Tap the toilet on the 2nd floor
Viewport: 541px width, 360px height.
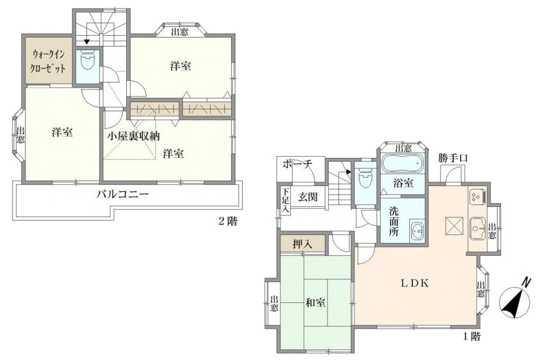tap(88, 60)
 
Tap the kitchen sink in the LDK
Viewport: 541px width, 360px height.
tap(478, 228)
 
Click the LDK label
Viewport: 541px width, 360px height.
tap(415, 284)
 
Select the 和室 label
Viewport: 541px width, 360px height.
tap(315, 303)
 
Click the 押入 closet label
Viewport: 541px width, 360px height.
tap(302, 244)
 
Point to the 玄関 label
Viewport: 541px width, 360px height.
tap(308, 197)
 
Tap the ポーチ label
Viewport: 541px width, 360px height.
tap(298, 164)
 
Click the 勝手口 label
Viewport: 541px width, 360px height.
tap(453, 158)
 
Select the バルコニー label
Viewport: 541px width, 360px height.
tap(123, 194)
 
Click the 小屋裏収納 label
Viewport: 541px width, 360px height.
tap(133, 136)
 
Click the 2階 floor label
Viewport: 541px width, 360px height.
tap(228, 221)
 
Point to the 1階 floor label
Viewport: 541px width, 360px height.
tap(471, 336)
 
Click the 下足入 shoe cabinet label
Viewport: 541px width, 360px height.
tap(285, 200)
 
